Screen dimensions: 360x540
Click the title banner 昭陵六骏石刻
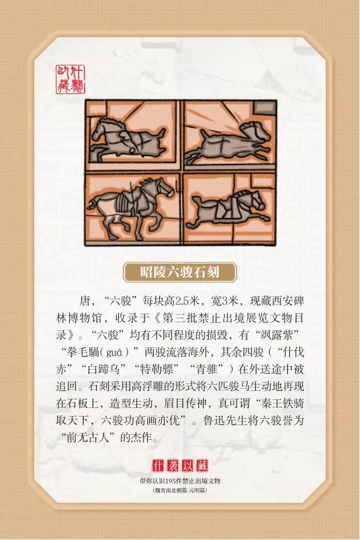(180, 272)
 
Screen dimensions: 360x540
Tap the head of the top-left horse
(101, 129)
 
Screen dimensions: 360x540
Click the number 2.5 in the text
(183, 301)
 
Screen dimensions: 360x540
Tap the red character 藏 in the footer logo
(202, 466)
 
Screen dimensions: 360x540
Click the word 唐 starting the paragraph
(85, 301)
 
